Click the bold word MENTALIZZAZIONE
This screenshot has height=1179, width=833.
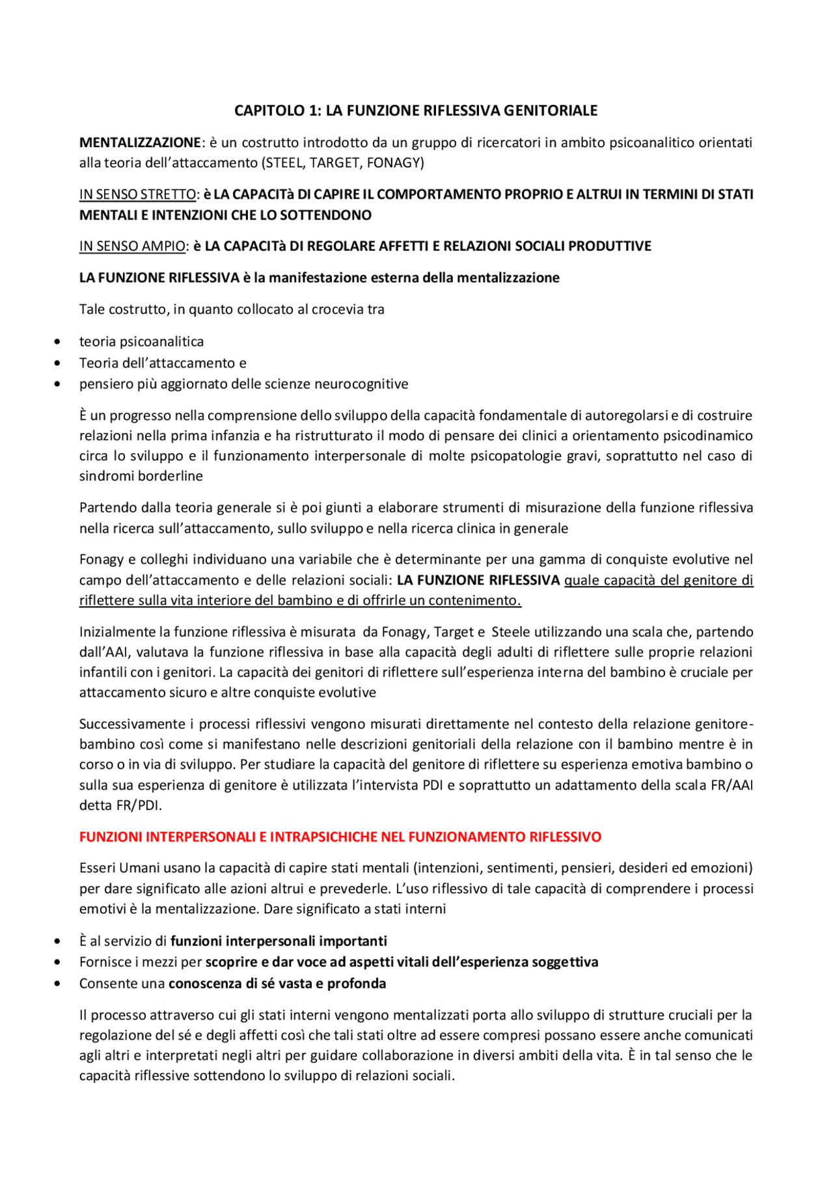point(140,143)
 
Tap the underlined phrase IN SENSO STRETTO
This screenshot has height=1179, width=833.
point(137,194)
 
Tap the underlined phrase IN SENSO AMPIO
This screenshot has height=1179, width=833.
point(132,246)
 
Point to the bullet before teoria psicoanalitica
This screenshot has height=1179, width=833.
point(58,342)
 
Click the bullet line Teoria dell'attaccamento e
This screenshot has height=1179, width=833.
point(163,363)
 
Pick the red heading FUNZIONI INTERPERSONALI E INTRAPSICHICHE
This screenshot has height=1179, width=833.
point(340,837)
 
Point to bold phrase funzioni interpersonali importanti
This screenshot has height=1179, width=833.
point(279,941)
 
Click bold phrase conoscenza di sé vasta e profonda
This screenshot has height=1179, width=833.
point(277,983)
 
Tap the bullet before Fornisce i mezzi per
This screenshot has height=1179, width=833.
point(58,962)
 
